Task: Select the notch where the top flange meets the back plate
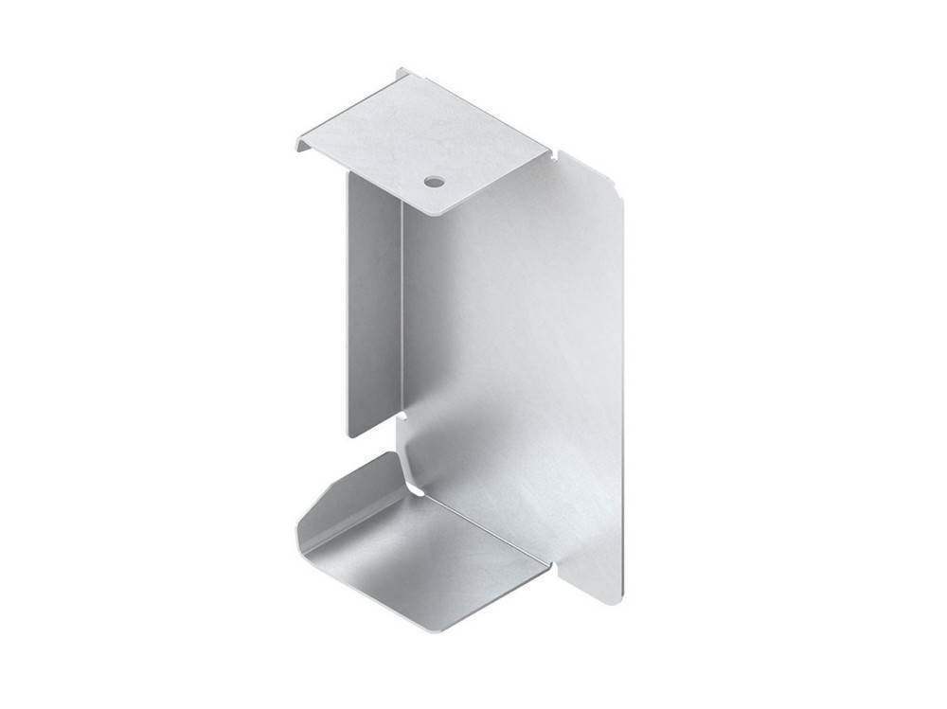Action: [554, 151]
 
